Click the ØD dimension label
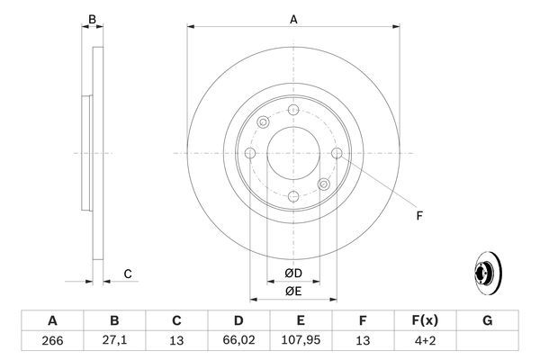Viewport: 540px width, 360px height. pos(293,273)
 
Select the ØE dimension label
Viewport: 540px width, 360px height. pos(293,290)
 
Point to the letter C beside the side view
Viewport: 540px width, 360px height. pos(128,274)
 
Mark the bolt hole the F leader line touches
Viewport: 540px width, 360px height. pos(337,153)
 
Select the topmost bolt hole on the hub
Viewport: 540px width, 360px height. pos(293,110)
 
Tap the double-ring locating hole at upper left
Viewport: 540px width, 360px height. pos(262,122)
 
